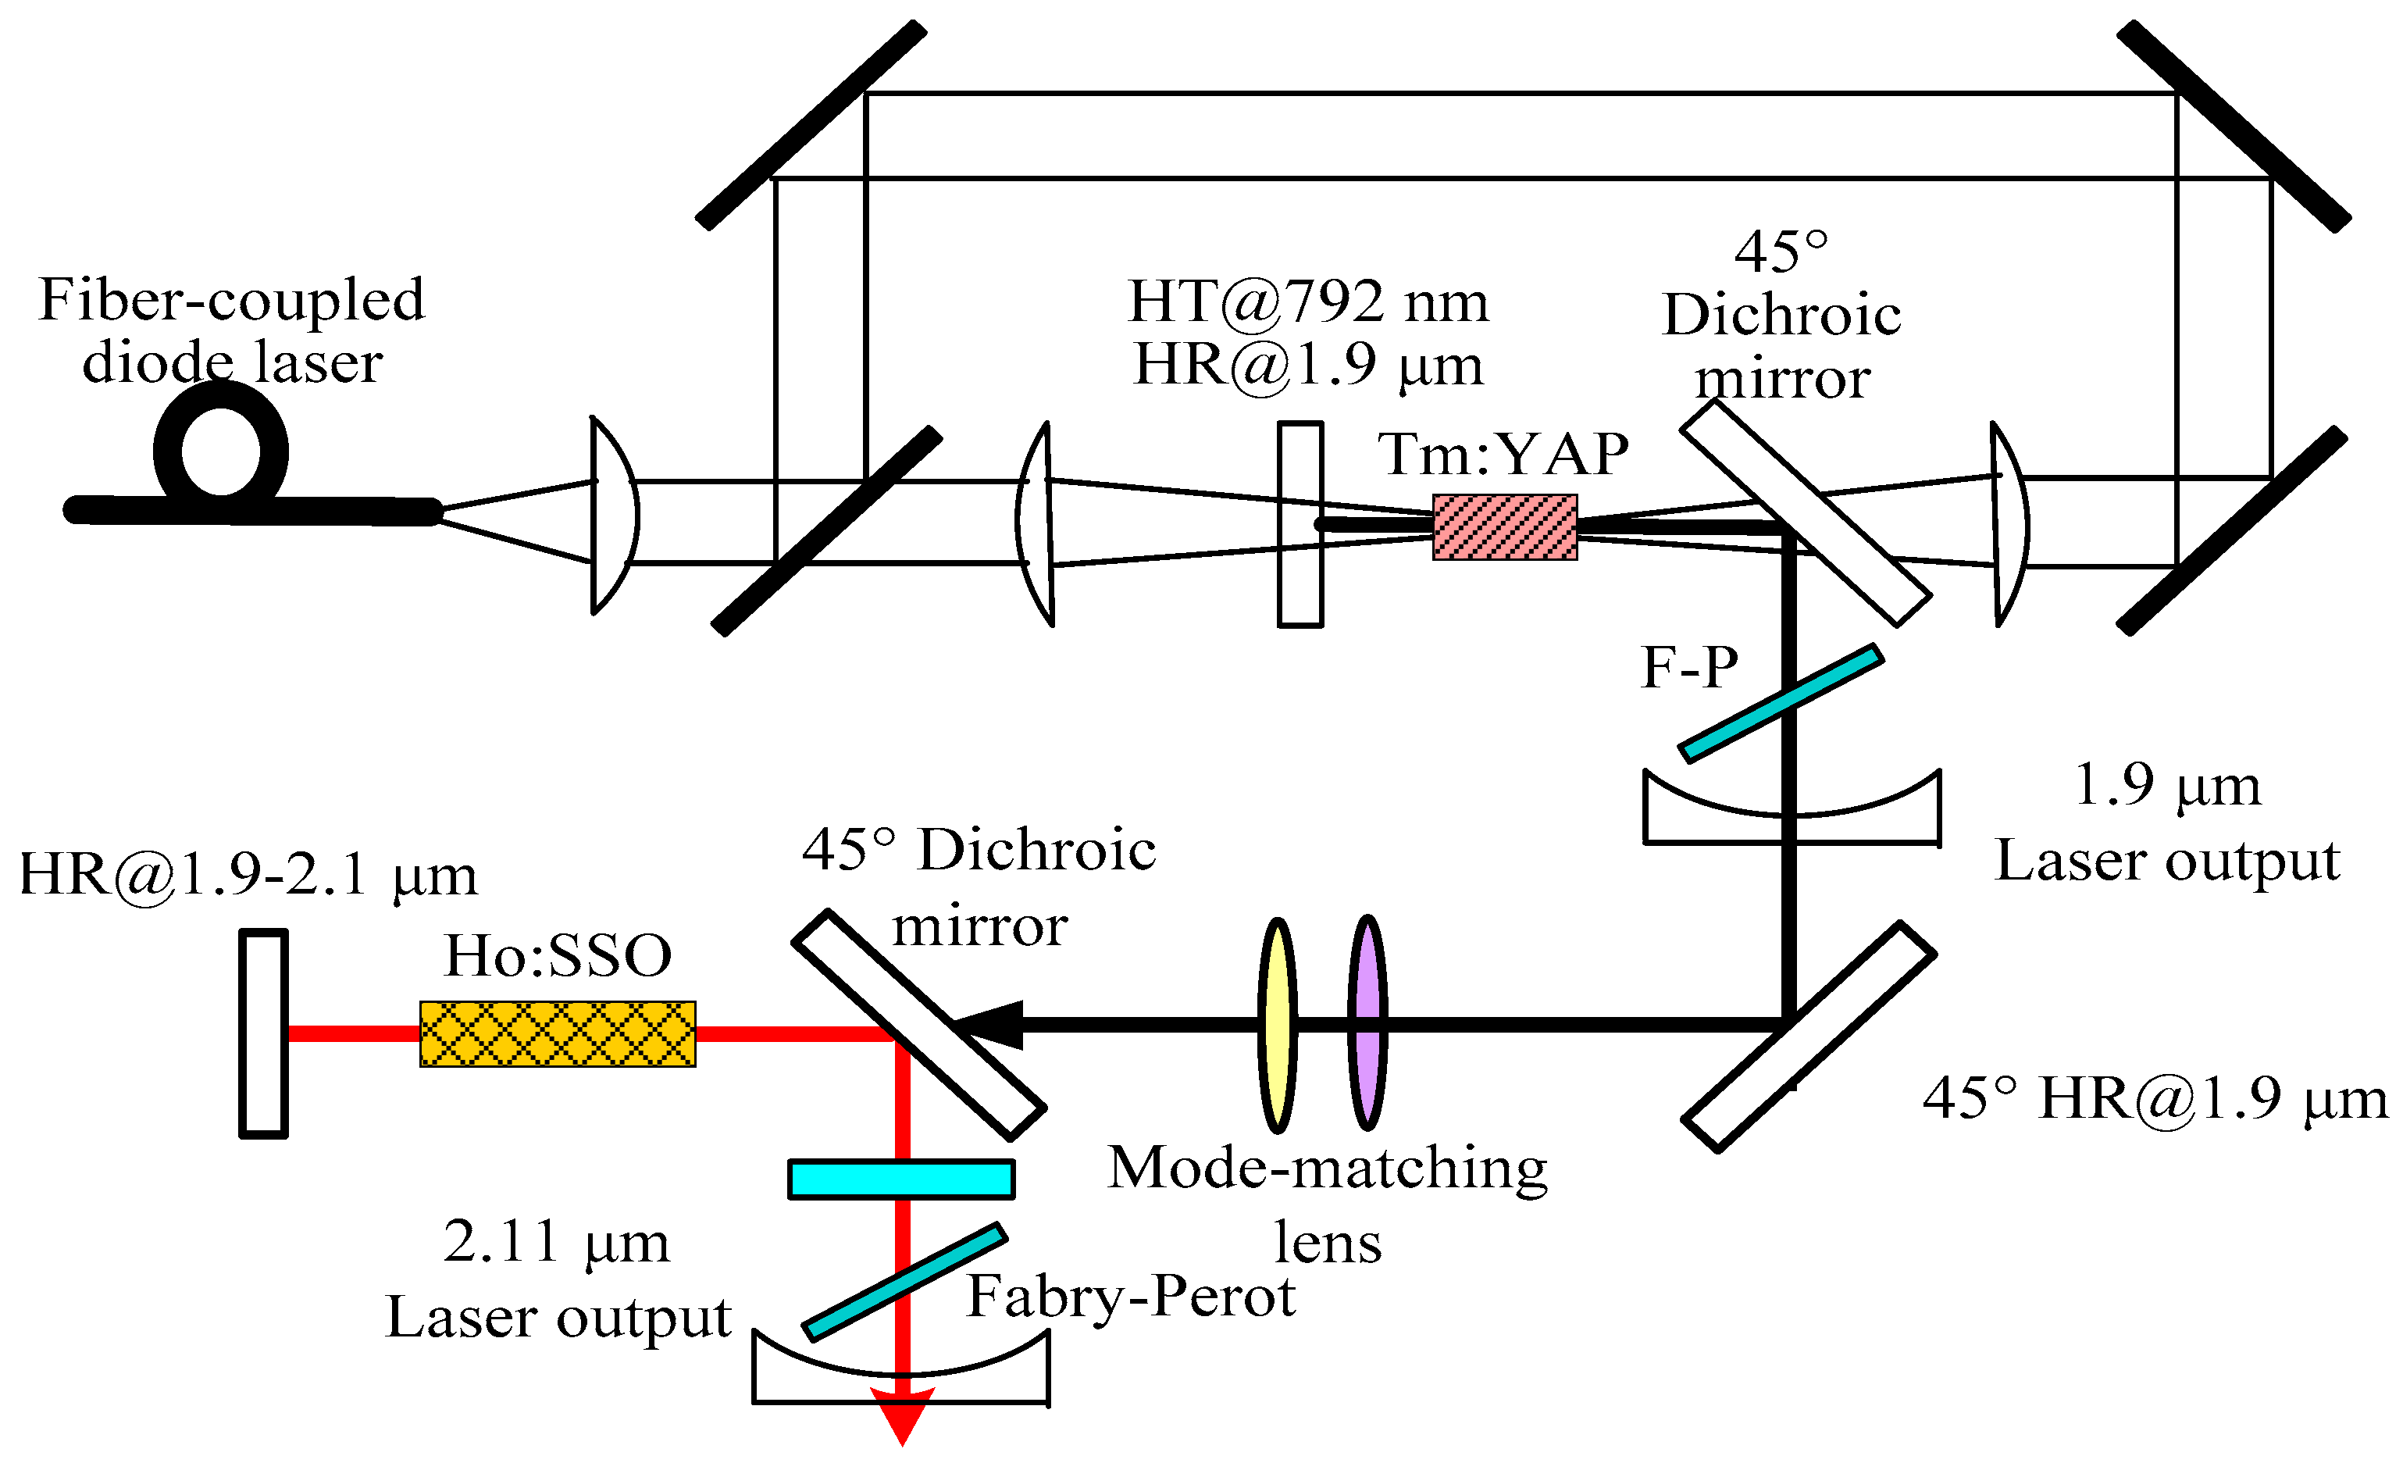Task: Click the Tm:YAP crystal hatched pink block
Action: pos(1504,528)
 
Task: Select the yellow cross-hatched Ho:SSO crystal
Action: pos(558,1034)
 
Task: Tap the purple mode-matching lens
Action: pos(1367,1024)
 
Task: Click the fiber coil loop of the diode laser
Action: pos(220,451)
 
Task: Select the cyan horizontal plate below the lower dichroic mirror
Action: pos(901,1178)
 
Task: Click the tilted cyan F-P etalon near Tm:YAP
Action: pos(1781,702)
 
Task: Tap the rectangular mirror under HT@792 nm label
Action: pos(1300,524)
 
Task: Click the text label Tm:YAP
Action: pos(1502,454)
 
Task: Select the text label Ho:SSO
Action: pos(558,956)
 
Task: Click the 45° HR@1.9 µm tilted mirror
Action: pos(1809,1037)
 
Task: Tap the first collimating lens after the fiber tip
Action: pos(615,515)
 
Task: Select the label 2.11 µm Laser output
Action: pos(558,1279)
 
